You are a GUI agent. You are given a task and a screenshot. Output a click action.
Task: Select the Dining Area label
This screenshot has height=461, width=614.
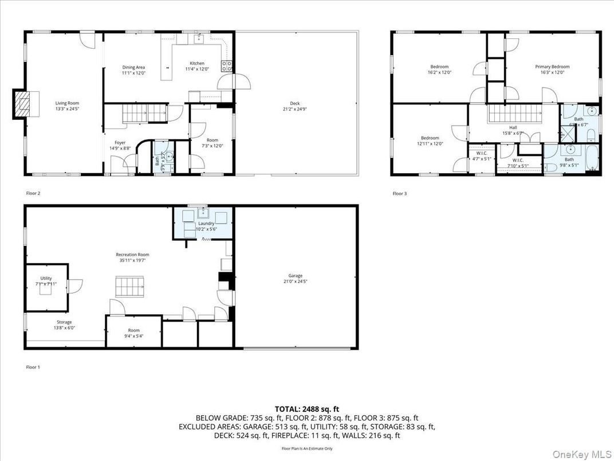click(133, 68)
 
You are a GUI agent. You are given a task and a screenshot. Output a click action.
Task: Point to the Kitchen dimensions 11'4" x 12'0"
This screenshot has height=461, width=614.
click(197, 69)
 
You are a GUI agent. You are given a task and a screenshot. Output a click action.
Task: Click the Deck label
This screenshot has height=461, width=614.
click(294, 104)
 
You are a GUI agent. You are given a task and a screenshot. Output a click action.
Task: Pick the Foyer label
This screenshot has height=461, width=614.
click(120, 143)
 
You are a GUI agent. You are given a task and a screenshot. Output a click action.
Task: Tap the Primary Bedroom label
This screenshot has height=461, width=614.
click(552, 67)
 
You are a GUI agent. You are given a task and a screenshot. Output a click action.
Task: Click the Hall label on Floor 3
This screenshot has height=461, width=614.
click(514, 128)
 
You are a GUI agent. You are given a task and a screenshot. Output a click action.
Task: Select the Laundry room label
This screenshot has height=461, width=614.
click(206, 224)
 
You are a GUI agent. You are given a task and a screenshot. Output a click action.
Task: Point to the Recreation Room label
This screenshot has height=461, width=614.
click(132, 254)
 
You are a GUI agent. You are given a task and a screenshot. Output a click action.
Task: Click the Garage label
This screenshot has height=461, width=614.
click(295, 276)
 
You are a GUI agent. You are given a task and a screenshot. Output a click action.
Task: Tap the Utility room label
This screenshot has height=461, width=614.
click(46, 278)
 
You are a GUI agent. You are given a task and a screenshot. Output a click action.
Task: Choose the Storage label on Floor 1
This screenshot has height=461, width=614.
click(64, 322)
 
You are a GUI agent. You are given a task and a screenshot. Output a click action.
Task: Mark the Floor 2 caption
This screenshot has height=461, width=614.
click(33, 193)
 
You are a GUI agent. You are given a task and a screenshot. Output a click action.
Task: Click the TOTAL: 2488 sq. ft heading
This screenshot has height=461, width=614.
click(307, 409)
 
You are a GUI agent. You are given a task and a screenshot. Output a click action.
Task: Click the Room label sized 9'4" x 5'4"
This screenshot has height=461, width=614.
click(133, 330)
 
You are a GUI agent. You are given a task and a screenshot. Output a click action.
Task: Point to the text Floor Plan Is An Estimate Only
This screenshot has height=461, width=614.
click(307, 448)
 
